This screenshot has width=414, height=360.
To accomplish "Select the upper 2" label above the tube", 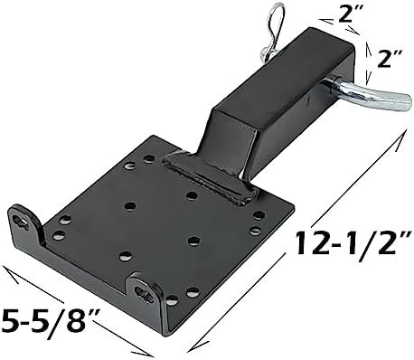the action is (349, 14).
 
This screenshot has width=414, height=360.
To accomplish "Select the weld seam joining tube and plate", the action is (208, 178).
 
